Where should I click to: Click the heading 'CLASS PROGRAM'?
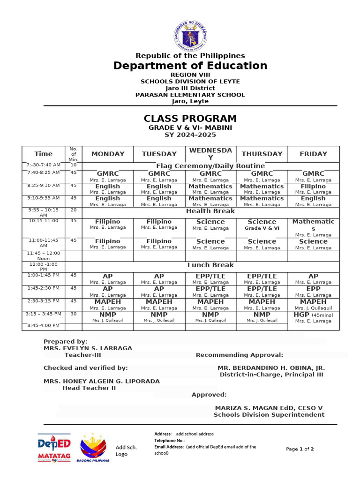[x=190, y=119]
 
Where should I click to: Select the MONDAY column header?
[x=108, y=154]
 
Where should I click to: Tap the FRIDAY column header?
[x=313, y=154]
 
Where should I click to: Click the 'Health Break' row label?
[x=210, y=211]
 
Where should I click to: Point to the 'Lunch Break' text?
[x=210, y=265]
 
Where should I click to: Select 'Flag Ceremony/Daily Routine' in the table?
[x=210, y=166]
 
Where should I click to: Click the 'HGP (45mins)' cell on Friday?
[x=313, y=315]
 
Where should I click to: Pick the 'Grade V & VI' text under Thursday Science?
[x=262, y=228]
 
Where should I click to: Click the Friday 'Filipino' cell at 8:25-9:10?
[x=313, y=186]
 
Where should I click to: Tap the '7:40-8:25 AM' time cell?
[x=44, y=173]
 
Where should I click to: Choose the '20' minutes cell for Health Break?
[x=73, y=210]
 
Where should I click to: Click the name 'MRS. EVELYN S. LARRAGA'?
[x=88, y=348]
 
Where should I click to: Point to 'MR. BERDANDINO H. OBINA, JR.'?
[x=271, y=368]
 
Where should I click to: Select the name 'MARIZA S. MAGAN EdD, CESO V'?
[x=269, y=408]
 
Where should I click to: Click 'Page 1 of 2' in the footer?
[x=300, y=449]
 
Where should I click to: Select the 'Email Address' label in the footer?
[x=169, y=447]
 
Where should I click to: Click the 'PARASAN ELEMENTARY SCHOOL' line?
[x=190, y=95]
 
